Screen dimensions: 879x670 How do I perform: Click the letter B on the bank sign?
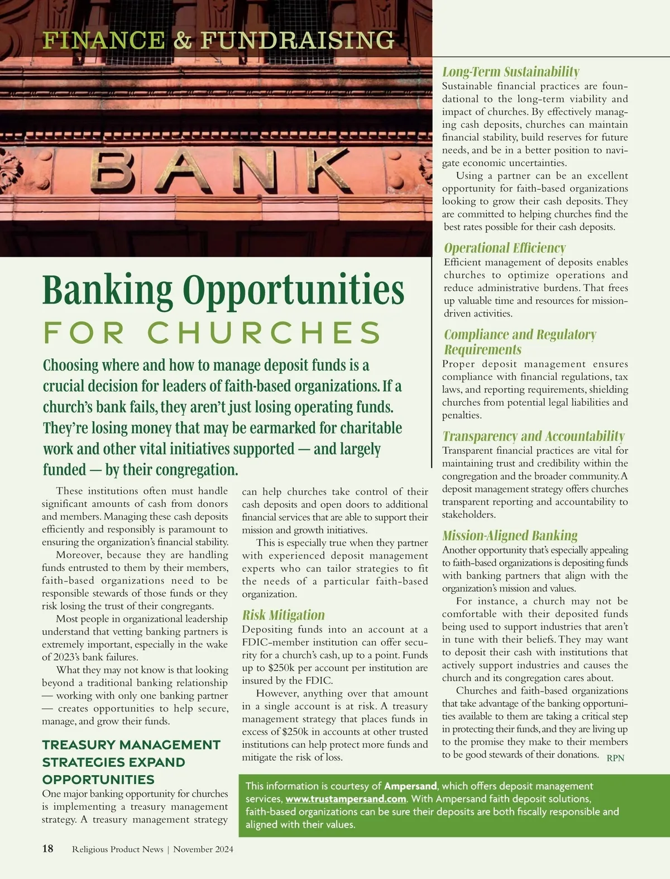point(113,171)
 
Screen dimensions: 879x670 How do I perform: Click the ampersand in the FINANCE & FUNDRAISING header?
point(183,40)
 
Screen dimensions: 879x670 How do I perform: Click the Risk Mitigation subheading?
point(283,615)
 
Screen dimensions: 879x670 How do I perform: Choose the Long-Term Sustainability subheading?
point(510,71)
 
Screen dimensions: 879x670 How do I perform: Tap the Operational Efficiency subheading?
point(505,248)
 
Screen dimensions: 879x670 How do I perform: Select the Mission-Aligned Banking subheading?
point(510,536)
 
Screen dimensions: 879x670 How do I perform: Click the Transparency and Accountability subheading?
point(533,436)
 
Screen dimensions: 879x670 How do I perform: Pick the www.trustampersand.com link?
point(346,799)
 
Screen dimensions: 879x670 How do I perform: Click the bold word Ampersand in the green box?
point(410,786)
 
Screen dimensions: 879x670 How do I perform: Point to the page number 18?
point(48,849)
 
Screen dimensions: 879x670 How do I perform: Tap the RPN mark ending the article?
point(615,758)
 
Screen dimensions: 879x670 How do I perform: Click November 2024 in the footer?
point(203,849)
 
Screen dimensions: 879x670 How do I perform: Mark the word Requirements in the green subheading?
point(483,349)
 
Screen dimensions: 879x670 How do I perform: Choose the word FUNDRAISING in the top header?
point(297,40)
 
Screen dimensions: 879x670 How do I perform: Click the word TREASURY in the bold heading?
point(78,745)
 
